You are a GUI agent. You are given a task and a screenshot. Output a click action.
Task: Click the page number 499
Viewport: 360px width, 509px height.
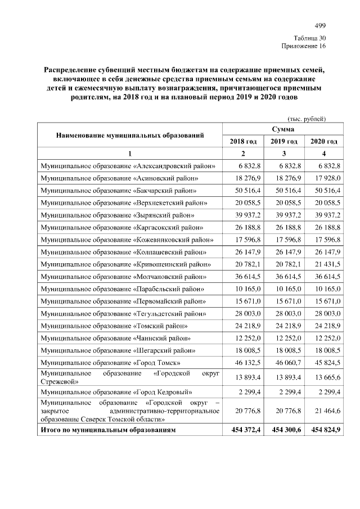point(320,25)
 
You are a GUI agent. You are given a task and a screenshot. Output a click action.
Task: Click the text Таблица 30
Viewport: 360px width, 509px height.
point(309,37)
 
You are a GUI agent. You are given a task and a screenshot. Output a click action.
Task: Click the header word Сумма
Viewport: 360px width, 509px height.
point(283,129)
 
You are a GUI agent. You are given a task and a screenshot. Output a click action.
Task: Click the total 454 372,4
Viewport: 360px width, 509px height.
point(243,430)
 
